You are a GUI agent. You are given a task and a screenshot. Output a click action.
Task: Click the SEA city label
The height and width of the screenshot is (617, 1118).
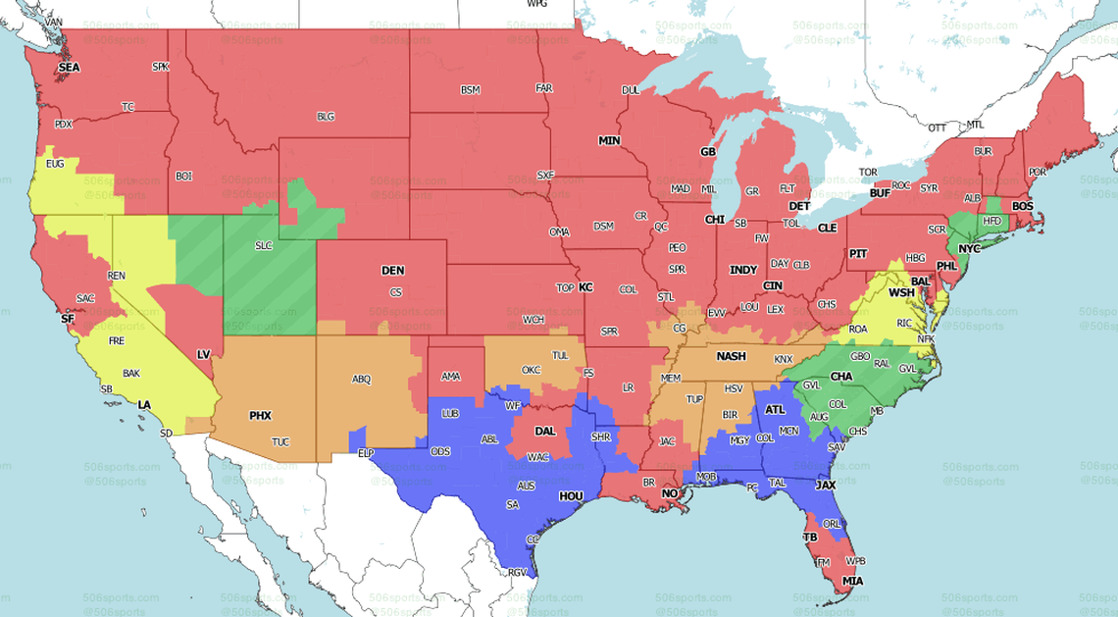click(x=69, y=68)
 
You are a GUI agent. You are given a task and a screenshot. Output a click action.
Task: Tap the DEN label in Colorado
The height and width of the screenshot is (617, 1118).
click(x=392, y=271)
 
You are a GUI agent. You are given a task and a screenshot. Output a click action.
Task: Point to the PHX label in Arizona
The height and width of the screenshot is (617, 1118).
click(x=260, y=416)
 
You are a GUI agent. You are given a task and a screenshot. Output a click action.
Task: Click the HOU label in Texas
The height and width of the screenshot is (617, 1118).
click(x=571, y=497)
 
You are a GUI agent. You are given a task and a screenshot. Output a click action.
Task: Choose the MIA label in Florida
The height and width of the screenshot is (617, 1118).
click(x=853, y=582)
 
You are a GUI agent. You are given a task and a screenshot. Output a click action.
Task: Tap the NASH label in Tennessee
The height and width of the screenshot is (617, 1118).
click(x=731, y=357)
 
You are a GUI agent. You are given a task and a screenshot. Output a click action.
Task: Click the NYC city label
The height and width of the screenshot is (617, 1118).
click(x=969, y=249)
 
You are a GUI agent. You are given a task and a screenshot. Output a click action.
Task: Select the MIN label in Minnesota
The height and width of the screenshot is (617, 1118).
click(x=610, y=141)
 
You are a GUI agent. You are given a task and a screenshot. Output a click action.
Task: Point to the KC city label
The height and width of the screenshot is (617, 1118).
click(x=585, y=287)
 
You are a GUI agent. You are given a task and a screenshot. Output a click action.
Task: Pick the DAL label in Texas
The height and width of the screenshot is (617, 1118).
click(x=544, y=431)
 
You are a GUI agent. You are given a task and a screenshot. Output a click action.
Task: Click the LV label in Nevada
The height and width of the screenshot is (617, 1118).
click(x=204, y=354)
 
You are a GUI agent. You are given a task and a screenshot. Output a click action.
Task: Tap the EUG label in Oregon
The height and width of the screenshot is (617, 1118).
click(x=55, y=164)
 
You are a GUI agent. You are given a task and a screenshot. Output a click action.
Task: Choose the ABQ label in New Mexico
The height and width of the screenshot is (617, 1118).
click(x=362, y=379)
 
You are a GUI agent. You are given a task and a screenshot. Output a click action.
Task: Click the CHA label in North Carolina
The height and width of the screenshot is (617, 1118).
click(x=841, y=377)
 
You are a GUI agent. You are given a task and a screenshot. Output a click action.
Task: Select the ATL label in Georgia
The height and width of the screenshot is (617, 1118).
click(x=775, y=410)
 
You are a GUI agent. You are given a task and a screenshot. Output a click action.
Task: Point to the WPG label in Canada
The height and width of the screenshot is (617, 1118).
click(x=536, y=4)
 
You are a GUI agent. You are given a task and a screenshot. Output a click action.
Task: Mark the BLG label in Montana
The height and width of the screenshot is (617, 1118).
click(x=326, y=117)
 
